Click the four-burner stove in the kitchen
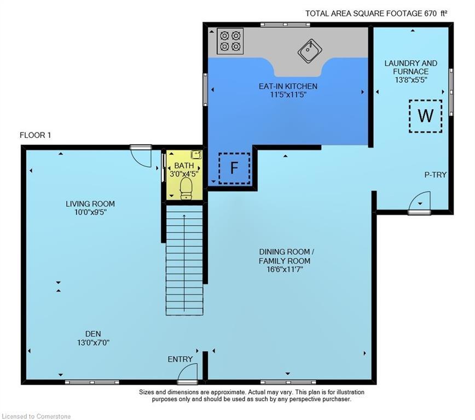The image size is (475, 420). tap(230, 41)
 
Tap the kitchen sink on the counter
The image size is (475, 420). tap(310, 50)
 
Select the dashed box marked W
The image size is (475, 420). tap(425, 116)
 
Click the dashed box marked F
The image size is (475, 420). tap(234, 168)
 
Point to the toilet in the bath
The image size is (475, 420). tap(186, 188)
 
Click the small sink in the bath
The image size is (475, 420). tap(196, 154)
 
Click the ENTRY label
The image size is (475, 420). tap(180, 359)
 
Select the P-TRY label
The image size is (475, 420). tap(435, 174)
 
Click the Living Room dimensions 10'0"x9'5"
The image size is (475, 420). tap(90, 212)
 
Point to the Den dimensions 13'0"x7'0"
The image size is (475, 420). tap(93, 342)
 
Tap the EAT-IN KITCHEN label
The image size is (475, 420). tap(288, 86)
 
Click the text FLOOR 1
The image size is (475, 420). tap(35, 135)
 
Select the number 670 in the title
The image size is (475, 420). tap(431, 14)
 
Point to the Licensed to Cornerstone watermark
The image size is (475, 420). tap(36, 416)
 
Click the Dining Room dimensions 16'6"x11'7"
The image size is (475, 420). tap(285, 269)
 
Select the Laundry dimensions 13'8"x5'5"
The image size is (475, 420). tap(411, 80)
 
